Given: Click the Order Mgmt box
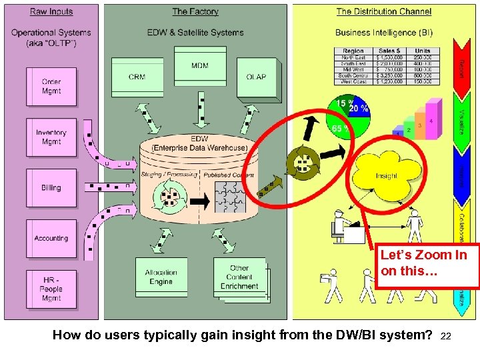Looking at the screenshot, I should [51, 87].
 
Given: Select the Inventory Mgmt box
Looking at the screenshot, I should [51, 137].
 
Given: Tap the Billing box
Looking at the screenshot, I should [51, 188].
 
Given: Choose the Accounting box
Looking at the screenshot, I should [51, 238].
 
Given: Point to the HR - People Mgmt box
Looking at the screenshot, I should [51, 289].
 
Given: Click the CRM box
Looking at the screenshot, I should [137, 77].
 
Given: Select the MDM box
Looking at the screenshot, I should [199, 67].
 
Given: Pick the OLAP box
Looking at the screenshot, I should [256, 77].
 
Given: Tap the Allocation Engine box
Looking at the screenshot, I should [161, 277].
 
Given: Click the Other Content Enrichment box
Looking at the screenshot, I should [239, 277].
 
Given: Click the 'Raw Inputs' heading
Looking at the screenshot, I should [51, 11].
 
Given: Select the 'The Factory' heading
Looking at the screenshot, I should [195, 11].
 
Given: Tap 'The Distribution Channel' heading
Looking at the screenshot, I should [383, 11].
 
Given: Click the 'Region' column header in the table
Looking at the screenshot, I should [353, 51].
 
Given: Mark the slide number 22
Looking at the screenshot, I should [446, 337].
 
